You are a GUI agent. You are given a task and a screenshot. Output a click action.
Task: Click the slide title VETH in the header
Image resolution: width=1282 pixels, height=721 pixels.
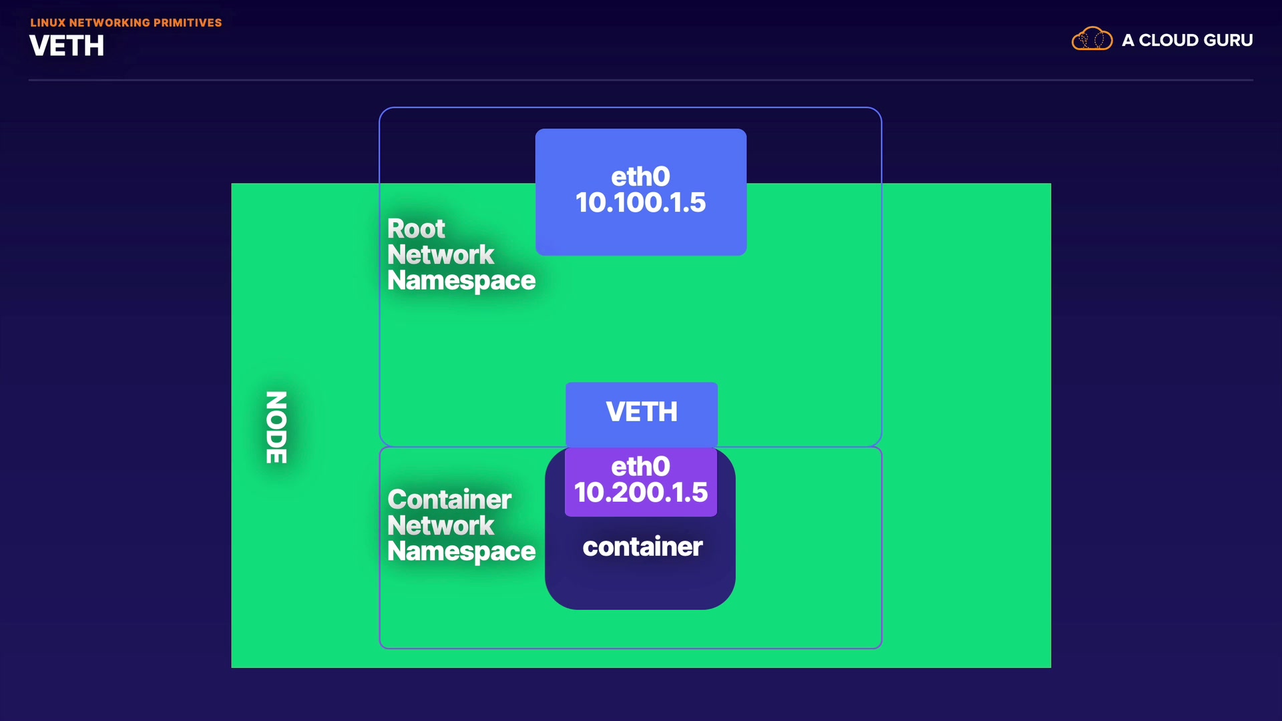point(67,46)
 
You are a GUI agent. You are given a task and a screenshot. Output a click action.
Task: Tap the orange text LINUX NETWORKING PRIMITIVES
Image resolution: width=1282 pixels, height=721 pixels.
point(126,23)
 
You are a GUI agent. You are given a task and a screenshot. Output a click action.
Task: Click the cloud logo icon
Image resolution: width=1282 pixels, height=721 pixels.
point(1092,39)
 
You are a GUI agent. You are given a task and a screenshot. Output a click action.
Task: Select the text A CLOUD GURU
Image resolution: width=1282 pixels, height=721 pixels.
point(1187,40)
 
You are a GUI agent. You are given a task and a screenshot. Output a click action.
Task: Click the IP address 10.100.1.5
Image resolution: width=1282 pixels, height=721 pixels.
point(640,203)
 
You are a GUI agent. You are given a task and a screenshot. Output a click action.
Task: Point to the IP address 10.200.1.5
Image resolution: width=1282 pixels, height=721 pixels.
point(640,493)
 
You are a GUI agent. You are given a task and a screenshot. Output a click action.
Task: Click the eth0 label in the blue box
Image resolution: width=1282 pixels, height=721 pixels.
point(640,177)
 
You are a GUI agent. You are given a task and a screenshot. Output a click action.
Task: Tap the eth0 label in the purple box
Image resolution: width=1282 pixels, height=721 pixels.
point(640,467)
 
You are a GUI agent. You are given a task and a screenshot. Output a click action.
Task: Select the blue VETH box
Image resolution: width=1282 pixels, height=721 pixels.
point(641,412)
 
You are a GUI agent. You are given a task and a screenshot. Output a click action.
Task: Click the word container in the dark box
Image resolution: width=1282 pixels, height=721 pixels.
point(642,547)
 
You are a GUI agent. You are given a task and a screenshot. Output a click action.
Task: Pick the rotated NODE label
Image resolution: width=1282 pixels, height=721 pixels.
point(276,427)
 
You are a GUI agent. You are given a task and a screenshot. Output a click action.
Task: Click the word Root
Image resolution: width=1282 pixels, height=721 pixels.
point(416,229)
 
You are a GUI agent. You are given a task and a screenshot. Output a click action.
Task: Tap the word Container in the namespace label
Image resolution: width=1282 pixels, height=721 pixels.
point(449,499)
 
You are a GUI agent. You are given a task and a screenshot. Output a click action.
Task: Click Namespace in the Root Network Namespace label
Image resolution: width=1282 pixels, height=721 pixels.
point(461,281)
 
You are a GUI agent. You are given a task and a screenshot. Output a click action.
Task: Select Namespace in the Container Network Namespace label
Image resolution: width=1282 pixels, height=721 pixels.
point(461,552)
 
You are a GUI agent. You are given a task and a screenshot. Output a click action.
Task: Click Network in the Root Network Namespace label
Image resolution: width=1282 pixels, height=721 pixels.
point(441,255)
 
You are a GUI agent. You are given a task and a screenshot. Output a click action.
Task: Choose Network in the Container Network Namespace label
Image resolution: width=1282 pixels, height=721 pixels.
point(441,526)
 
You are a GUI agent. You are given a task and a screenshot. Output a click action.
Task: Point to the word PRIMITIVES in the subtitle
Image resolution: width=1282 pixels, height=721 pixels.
point(188,23)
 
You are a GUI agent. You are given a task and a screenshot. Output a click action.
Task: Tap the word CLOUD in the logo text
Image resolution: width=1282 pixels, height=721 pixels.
point(1168,40)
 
